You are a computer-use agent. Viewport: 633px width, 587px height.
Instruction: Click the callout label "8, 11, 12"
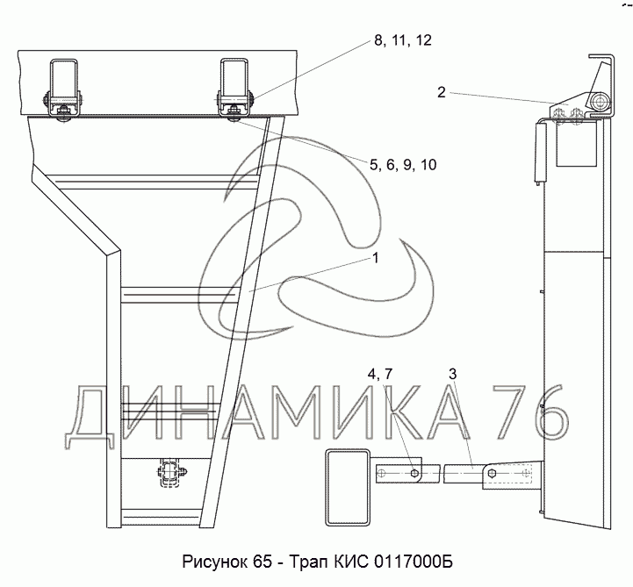coord(403,40)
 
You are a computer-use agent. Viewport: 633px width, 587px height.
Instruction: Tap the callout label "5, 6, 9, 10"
coord(403,165)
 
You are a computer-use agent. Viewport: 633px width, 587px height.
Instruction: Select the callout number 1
coord(376,258)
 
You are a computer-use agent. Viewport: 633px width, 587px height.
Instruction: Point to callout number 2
coord(442,92)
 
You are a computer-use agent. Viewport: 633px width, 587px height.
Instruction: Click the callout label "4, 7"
coord(380,375)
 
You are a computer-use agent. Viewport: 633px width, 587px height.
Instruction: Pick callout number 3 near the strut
coord(452,374)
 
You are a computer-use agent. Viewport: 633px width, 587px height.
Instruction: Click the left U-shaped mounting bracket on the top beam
coord(63,88)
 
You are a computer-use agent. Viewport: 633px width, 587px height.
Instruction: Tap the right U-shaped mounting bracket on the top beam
coord(234,88)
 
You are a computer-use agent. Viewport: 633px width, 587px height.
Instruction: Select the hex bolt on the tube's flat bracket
coord(414,473)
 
